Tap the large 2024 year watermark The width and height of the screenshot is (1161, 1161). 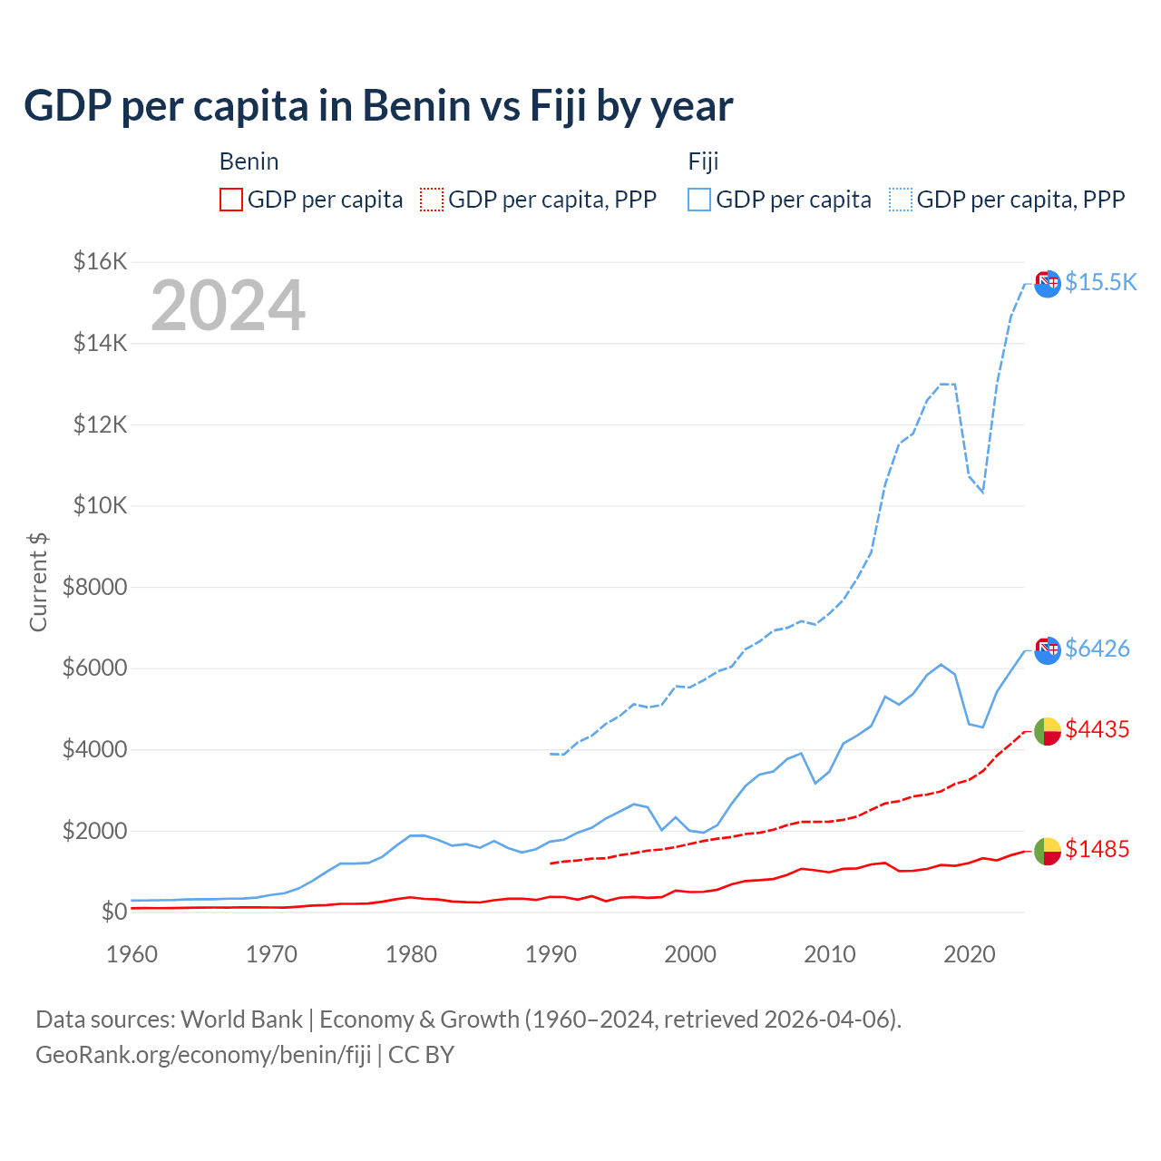coord(228,306)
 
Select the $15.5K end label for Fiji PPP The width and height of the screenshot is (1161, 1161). coord(1100,282)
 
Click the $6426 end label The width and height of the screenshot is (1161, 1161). coord(1097,649)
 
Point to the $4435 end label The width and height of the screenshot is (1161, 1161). coord(1097,729)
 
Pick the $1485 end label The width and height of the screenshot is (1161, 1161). coord(1097,849)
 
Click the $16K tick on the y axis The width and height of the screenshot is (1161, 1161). coord(100,262)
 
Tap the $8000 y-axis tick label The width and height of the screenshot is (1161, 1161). coord(94,587)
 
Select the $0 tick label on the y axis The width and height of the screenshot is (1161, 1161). coord(112,912)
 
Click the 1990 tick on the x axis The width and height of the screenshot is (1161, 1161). coord(551,954)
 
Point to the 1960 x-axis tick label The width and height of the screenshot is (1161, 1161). coord(132,954)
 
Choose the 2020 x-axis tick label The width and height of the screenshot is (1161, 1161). coord(970,954)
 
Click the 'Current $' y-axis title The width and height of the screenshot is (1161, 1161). coord(38,581)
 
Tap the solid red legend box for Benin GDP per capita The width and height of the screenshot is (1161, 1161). coord(231,200)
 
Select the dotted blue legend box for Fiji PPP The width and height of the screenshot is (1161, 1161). coord(901,200)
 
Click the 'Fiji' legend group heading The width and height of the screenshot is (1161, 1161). coord(703,161)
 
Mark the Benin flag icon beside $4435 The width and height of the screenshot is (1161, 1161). coord(1048,730)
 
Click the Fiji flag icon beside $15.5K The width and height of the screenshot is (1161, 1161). coord(1048,283)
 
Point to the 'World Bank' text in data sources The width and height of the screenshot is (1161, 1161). coord(241,1020)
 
